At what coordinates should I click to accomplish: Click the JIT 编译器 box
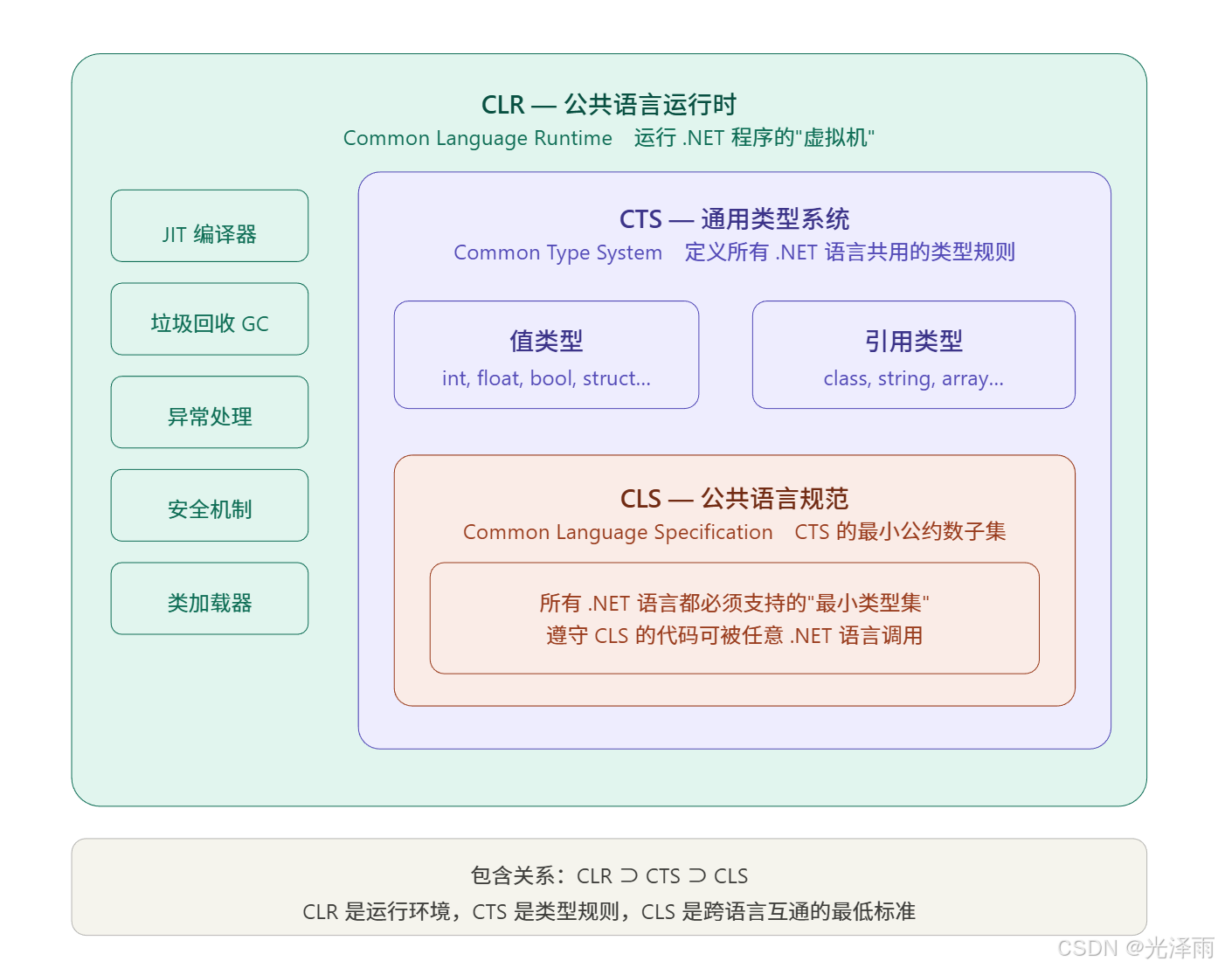[210, 226]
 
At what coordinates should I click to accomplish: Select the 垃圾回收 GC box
[210, 320]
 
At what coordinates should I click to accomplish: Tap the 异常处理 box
[210, 413]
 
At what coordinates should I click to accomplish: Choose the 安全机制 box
[210, 506]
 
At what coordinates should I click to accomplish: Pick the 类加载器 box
[210, 599]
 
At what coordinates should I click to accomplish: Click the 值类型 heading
[546, 341]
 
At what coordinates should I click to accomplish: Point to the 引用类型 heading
[914, 341]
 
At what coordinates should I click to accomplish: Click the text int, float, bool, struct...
[546, 378]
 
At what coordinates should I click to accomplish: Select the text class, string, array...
[914, 378]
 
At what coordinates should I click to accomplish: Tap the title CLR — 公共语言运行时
[609, 105]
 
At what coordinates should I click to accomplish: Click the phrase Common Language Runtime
[478, 138]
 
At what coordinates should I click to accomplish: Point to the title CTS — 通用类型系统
[734, 219]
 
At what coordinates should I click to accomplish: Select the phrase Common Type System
[557, 252]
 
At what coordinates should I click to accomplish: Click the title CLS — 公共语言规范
[734, 499]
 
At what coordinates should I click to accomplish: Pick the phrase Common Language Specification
[618, 532]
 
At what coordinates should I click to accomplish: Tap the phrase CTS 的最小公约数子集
[900, 532]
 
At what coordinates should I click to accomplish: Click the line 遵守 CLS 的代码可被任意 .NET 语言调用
[734, 635]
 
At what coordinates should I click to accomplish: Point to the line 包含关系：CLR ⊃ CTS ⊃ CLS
[609, 875]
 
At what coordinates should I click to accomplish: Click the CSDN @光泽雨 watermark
[1134, 947]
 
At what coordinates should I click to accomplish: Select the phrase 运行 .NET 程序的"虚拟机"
[754, 138]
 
